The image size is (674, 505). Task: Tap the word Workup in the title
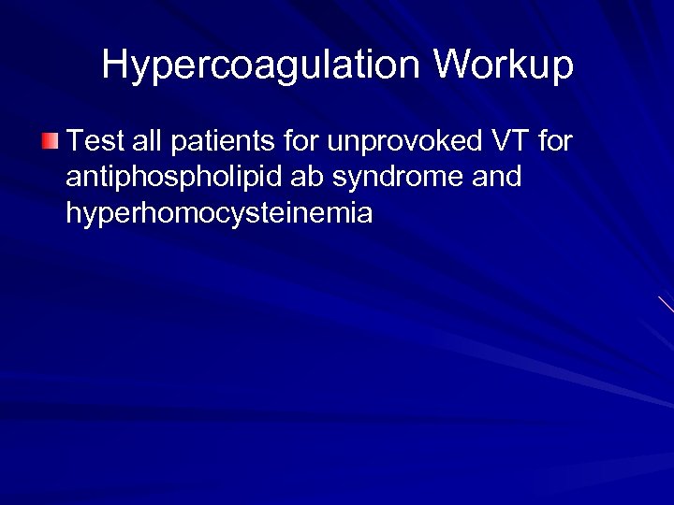point(503,65)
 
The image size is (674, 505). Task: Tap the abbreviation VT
point(505,142)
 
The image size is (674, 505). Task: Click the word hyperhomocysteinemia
point(219,214)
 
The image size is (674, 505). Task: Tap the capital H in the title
point(114,65)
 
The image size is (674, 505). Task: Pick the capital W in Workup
point(450,65)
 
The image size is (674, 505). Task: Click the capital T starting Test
point(76,142)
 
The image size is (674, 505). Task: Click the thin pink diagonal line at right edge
point(666,305)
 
